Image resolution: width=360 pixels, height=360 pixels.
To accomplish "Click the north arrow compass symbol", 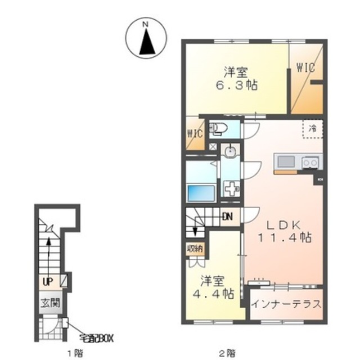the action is coord(146,38).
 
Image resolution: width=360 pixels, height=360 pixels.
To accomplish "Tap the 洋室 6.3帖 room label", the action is coord(236,79).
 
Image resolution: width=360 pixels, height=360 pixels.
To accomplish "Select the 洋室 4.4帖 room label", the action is coord(213,287).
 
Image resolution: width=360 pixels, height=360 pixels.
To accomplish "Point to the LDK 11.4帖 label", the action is coord(285,231).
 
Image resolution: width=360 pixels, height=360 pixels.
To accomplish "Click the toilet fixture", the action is coord(218,128).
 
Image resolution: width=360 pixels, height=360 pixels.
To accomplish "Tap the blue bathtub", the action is coord(201,193).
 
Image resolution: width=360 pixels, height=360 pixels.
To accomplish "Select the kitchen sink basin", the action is coord(286,161).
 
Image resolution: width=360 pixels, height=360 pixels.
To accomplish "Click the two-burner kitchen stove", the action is coord(310,163).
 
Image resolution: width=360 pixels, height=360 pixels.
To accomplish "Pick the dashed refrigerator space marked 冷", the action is coord(313,129).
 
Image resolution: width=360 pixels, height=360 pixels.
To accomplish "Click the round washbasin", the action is coord(230,151).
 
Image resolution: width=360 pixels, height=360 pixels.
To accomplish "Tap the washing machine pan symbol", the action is coord(231,188).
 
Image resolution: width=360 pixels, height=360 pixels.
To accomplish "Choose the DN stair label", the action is coord(228,217).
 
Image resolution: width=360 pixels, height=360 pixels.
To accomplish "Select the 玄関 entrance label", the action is coord(50,303).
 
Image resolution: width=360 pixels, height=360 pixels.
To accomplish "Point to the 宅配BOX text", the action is coord(97,339).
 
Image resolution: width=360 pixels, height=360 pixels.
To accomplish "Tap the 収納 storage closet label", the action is coord(195,249).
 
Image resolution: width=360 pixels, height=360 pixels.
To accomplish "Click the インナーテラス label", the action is coord(286,304).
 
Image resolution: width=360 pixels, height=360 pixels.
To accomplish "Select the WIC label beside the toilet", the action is coord(195,134).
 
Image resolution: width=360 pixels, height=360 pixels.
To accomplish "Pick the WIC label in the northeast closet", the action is coord(305,67).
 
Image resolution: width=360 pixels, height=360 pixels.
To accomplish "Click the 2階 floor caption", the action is coord(227,353).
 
